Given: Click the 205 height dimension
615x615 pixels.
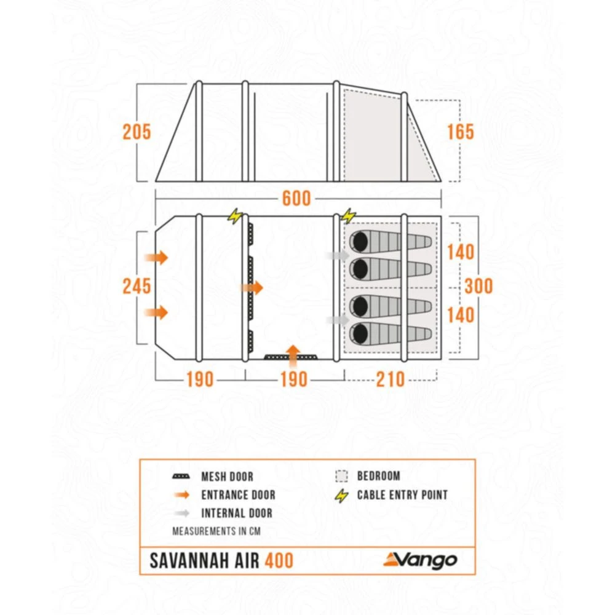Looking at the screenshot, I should point(137,132).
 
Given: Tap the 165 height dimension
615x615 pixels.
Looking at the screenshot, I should point(461,132).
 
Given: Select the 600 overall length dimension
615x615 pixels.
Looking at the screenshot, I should point(296,199).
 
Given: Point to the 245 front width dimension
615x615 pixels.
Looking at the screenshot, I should point(137,286).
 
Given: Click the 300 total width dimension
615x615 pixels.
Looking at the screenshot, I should point(479,286).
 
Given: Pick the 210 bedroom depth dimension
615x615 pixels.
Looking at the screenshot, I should point(390,379).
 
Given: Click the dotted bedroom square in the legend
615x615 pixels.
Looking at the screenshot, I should point(341,476).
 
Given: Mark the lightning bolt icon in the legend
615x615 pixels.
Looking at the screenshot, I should point(342,495).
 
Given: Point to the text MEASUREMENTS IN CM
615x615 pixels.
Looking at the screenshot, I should point(212,531).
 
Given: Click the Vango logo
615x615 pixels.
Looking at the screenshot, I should point(420,560).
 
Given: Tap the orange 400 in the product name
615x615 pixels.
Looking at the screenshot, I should point(279,561).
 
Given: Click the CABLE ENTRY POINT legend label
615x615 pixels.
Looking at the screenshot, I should point(402,494).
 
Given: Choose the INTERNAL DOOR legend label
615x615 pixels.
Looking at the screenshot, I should point(236,513).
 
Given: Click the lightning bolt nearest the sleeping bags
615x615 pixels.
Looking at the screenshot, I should point(348,216).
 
